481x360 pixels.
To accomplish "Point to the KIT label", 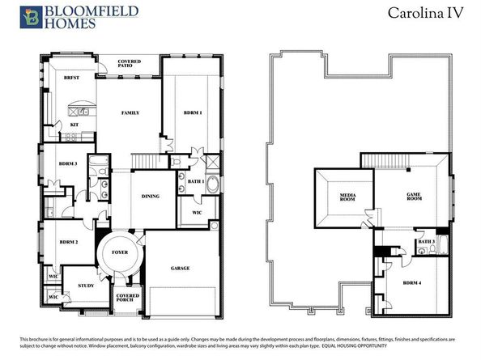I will (x=74, y=125).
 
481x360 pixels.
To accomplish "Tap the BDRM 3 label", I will (x=68, y=163).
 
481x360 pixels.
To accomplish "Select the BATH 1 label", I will (x=195, y=181).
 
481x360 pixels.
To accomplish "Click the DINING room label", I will (x=150, y=196).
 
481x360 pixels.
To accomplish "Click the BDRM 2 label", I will (x=69, y=242).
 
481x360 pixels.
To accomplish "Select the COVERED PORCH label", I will (x=128, y=298).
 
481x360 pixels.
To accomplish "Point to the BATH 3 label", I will (x=426, y=241).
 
